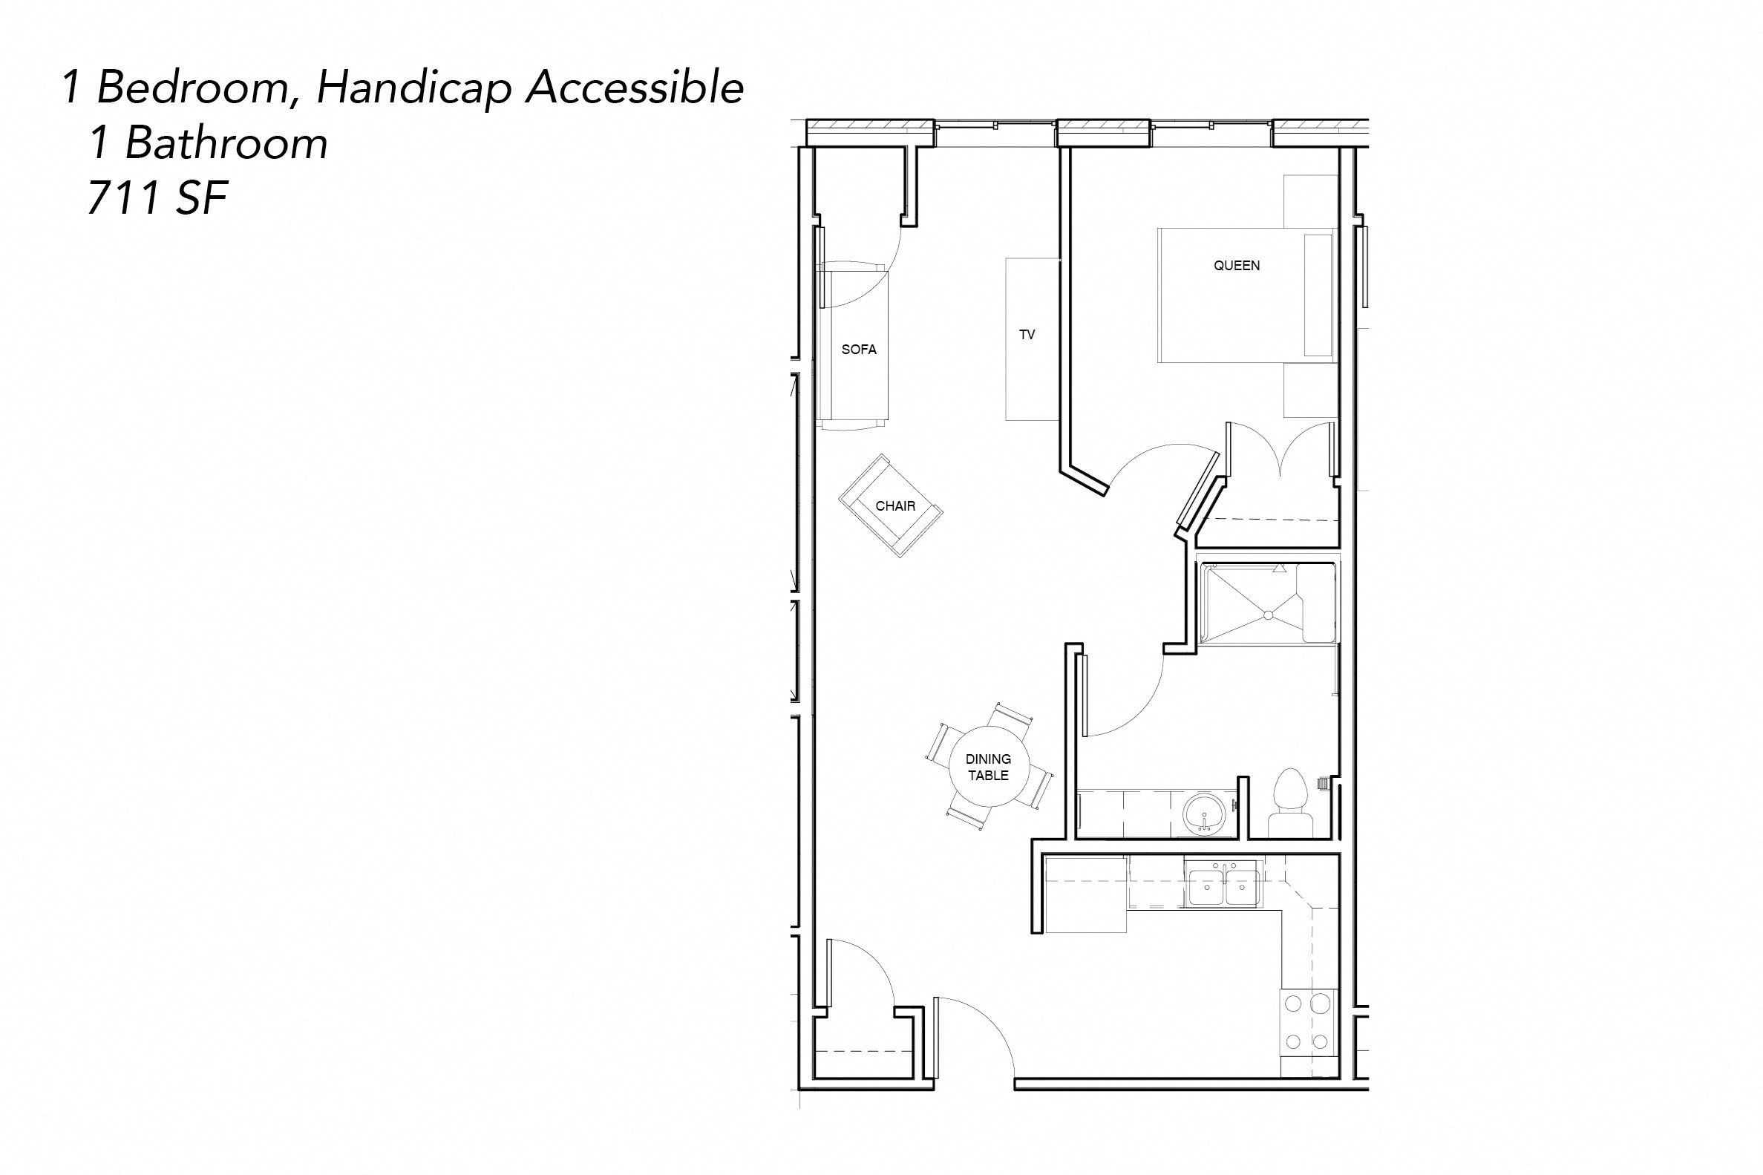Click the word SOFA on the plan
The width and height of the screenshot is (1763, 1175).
coord(859,349)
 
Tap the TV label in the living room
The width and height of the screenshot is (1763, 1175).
coord(1027,335)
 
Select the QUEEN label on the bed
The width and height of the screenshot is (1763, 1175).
coord(1236,265)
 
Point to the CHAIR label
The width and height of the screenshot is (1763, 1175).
coord(895,505)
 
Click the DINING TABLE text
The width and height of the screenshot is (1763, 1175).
coord(987,767)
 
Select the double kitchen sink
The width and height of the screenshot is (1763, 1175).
coord(1223,886)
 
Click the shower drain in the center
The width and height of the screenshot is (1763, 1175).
coord(1268,615)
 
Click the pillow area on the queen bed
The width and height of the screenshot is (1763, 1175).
coord(1317,295)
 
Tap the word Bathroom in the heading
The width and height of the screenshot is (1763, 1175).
coord(226,143)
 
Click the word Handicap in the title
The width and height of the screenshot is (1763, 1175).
coord(414,89)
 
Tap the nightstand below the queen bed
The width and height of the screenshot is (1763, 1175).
coord(1309,390)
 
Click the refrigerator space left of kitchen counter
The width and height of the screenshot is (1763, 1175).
coord(1085,894)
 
